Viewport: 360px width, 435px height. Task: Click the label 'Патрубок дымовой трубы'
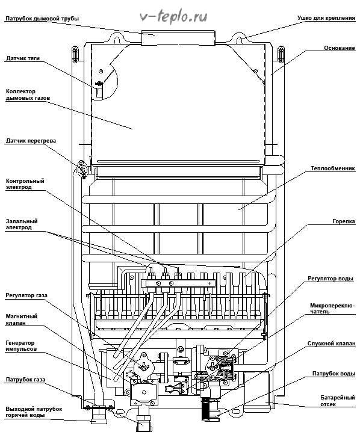click(42, 19)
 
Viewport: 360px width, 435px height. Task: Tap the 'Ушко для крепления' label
click(326, 18)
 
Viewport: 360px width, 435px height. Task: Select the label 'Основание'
click(340, 48)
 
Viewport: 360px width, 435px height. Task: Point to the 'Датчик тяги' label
click(23, 58)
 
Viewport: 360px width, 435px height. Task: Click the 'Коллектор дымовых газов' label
click(28, 94)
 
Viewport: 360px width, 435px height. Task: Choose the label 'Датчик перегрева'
click(31, 141)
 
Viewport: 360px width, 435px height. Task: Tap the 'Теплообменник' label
click(333, 168)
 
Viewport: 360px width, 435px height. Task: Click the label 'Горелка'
click(344, 221)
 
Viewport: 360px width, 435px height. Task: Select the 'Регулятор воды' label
click(331, 279)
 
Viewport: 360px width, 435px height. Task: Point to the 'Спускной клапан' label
click(331, 344)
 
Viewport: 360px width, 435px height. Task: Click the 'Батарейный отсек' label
click(338, 401)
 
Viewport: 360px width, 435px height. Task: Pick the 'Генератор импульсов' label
click(21, 346)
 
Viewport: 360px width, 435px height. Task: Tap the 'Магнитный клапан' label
click(22, 319)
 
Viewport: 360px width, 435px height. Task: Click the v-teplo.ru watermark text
click(173, 17)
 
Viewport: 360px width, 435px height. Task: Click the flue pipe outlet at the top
click(178, 38)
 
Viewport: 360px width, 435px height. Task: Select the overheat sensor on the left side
click(82, 168)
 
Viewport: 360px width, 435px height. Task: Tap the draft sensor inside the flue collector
click(99, 90)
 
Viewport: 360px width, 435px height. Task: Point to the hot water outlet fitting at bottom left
click(99, 416)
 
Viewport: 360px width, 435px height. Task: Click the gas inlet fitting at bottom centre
click(143, 423)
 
